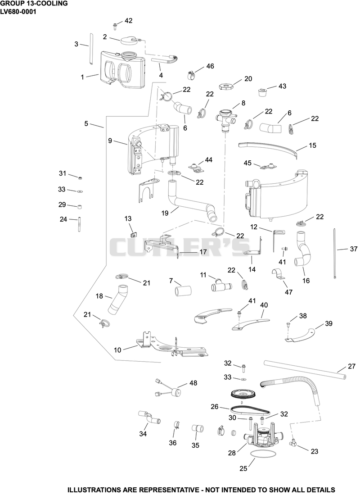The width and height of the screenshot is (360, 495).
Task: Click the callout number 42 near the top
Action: (128, 21)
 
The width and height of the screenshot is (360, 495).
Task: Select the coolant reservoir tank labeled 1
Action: (123, 69)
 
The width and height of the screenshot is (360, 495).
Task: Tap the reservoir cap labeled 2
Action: (129, 40)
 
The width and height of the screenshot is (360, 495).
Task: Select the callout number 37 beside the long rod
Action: (353, 249)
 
